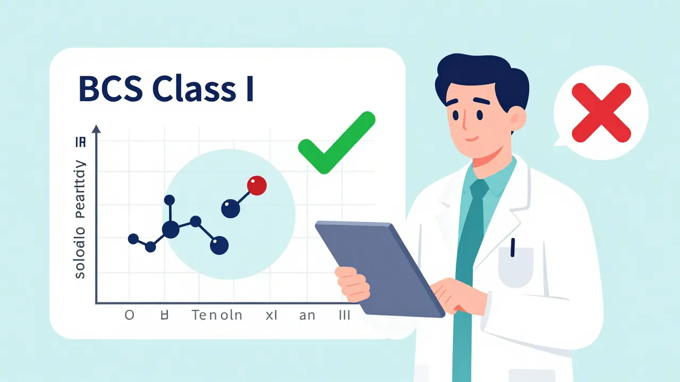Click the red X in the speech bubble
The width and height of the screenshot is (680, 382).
(601, 114)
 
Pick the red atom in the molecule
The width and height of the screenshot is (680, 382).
(257, 186)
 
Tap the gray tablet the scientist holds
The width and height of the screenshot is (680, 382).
(380, 265)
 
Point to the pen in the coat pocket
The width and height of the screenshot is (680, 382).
(513, 247)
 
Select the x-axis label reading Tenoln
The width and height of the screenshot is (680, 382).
(217, 315)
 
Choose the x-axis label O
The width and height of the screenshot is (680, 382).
(129, 315)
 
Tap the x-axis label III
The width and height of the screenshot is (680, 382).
(344, 315)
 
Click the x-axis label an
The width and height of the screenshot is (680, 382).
(307, 315)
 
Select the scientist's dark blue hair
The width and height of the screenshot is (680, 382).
(478, 74)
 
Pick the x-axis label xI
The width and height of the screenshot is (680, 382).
(272, 315)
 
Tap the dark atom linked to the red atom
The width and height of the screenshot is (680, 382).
(231, 208)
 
